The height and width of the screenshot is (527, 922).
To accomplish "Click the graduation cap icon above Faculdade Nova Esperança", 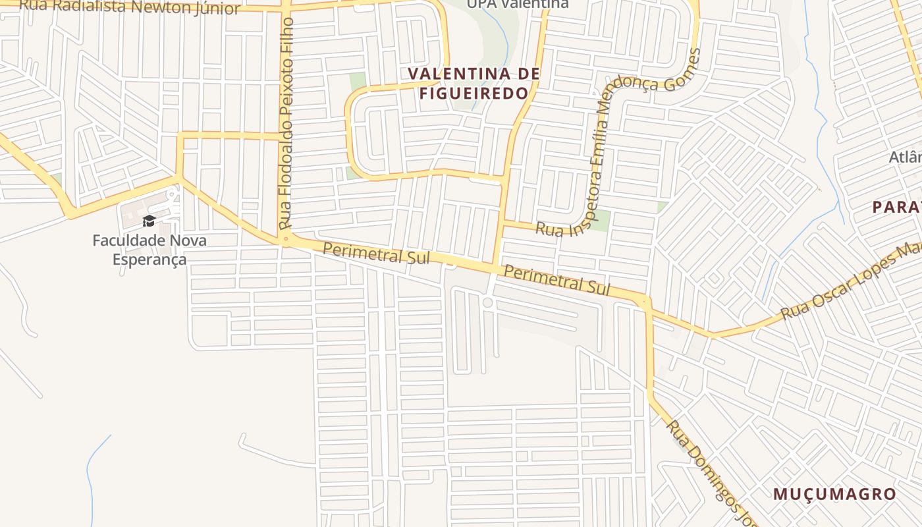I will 149,221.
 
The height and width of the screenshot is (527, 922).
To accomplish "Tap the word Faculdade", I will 122,240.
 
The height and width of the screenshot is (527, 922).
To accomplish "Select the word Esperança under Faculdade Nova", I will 149,260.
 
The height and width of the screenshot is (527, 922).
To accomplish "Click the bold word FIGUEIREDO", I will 474,94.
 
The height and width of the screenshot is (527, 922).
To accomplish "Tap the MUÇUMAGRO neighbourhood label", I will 834,494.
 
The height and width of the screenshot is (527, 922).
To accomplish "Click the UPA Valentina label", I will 518,4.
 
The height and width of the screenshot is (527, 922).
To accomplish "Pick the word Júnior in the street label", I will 217,8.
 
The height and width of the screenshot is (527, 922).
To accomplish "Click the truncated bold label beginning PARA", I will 896,207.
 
